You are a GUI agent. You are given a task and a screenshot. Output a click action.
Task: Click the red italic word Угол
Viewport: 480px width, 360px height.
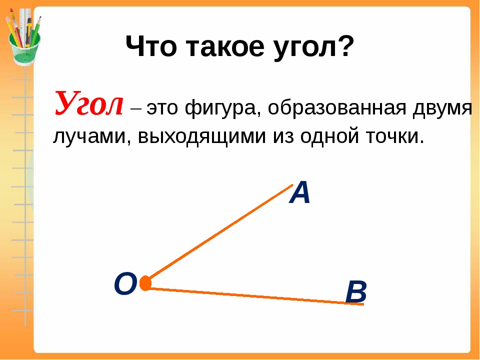click(x=89, y=103)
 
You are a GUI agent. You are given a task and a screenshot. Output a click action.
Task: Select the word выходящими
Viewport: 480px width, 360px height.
click(x=201, y=137)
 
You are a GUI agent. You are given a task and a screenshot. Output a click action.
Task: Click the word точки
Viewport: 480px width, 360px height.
click(x=395, y=136)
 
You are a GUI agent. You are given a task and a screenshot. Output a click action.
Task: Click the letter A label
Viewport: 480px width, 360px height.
click(x=299, y=192)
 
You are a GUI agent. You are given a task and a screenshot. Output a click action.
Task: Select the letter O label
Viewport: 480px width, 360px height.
click(x=125, y=284)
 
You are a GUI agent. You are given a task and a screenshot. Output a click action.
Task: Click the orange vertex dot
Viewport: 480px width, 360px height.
click(x=145, y=283)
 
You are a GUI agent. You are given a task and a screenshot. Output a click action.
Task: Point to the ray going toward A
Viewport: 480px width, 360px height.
click(x=219, y=232)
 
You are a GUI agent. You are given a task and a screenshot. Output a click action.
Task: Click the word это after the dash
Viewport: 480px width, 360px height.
click(x=162, y=108)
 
